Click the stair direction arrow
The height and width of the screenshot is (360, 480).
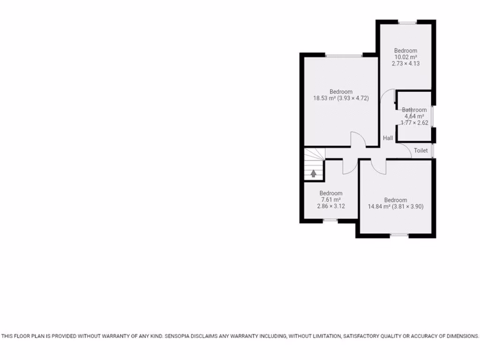coord(313,173)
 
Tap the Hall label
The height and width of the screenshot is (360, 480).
coord(388,138)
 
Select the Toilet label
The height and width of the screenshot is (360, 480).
coord(420,150)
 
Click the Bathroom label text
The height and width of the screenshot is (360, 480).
coord(414,110)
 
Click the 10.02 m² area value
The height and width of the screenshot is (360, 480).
coord(405,57)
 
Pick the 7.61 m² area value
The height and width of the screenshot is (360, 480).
coord(331,199)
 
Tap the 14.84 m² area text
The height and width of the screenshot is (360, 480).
coord(380,206)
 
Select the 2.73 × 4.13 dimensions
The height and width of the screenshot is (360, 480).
coord(405,63)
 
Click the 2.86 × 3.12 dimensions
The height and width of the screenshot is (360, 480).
coord(331,205)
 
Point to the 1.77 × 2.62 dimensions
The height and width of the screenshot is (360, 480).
coord(414,123)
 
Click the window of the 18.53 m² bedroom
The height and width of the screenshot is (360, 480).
coord(345,55)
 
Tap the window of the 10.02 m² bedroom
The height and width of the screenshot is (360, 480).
coord(407,22)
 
